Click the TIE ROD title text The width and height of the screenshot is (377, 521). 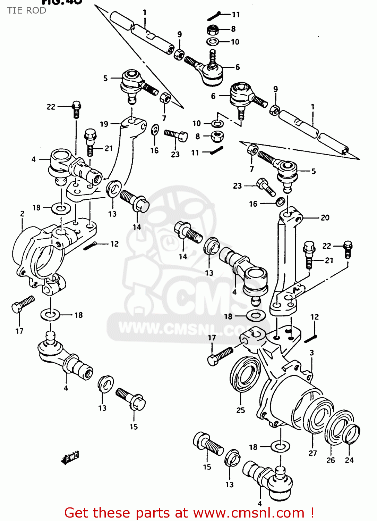tap(27, 10)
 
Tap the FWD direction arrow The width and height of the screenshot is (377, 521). tap(70, 457)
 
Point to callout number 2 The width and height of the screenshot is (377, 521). tap(22, 214)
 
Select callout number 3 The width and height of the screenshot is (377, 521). tap(311, 353)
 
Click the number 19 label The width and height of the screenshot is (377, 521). tap(104, 124)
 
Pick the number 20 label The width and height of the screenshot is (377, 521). tap(325, 218)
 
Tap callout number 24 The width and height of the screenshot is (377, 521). tap(349, 460)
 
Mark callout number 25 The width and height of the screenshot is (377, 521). tap(241, 410)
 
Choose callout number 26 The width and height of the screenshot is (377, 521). tap(331, 460)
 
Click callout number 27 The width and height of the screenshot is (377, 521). tap(312, 453)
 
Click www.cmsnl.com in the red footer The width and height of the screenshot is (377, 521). tap(248, 513)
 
